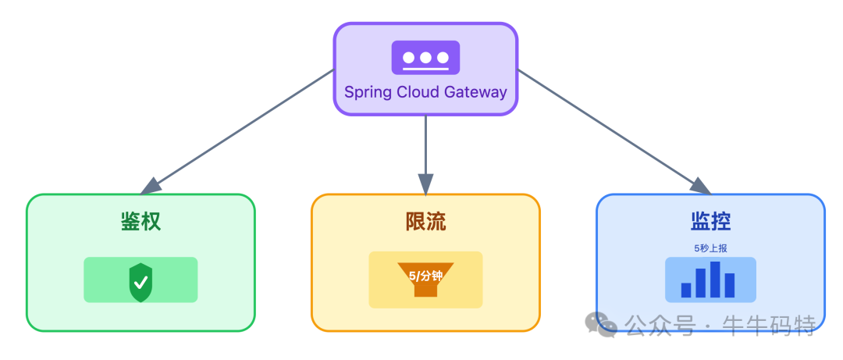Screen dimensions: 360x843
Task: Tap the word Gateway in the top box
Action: (476, 92)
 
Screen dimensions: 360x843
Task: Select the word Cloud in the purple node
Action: (418, 92)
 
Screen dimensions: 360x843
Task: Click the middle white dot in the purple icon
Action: (425, 57)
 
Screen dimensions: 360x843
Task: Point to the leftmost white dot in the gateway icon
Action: (408, 57)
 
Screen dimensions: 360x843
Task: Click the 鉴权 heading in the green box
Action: (140, 221)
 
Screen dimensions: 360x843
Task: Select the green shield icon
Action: (140, 281)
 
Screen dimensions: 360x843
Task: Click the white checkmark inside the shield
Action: (140, 281)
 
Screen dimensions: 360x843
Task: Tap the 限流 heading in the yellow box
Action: (425, 221)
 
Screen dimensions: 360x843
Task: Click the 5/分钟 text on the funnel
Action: (425, 276)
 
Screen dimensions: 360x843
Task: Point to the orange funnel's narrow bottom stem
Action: (425, 290)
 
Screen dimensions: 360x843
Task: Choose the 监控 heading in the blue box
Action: (710, 221)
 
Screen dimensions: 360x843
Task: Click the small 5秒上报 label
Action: (710, 248)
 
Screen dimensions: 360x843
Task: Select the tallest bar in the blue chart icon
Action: (715, 280)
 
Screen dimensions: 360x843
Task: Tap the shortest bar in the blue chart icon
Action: (686, 290)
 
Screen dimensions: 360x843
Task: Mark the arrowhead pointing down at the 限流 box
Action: (425, 184)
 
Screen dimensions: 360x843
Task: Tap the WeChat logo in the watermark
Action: (601, 324)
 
